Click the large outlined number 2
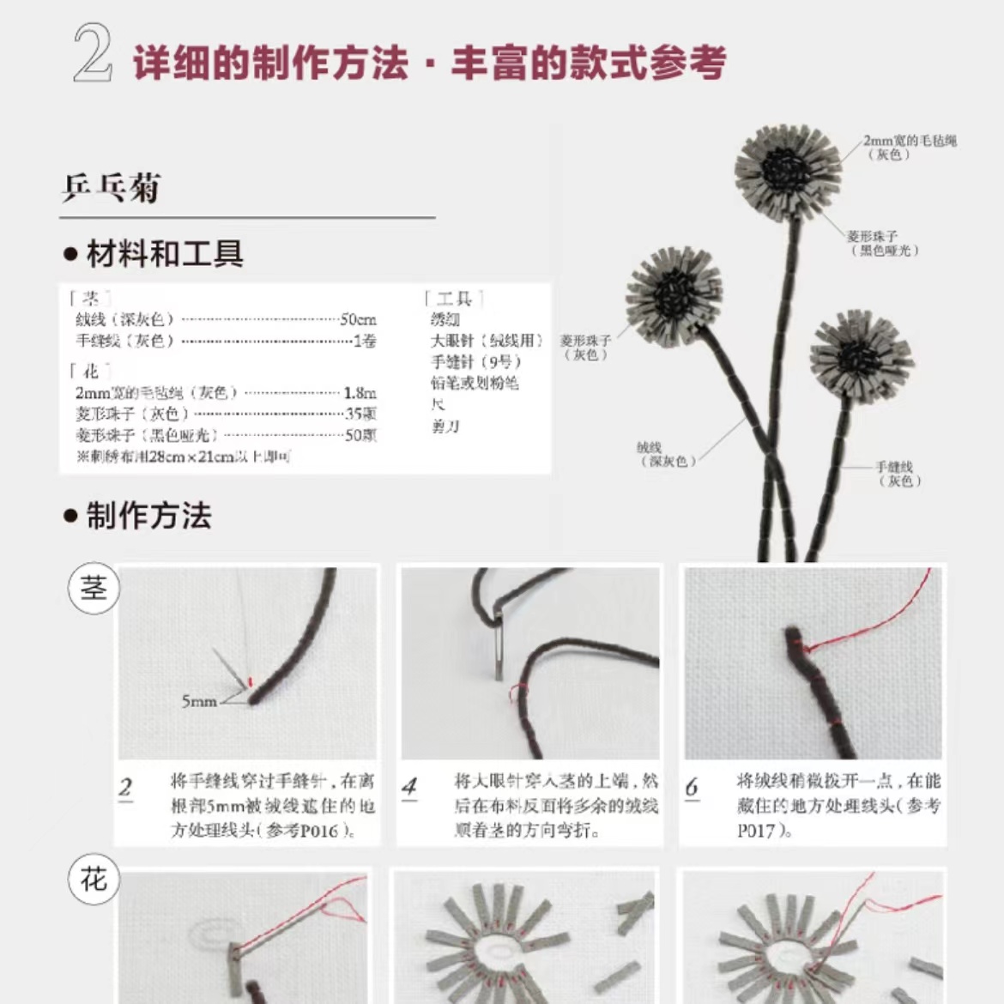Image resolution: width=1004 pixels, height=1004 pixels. click(x=93, y=53)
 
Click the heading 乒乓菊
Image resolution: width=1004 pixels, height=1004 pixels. click(x=111, y=188)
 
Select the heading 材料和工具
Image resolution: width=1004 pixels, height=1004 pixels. click(x=164, y=254)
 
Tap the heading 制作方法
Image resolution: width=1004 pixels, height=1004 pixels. click(x=148, y=516)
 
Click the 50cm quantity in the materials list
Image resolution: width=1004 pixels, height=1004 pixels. click(x=358, y=319)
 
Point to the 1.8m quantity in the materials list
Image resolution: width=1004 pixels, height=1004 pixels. click(x=360, y=393)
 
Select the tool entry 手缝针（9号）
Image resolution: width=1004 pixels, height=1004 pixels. click(x=476, y=361)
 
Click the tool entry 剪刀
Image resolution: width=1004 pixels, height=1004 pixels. click(x=445, y=426)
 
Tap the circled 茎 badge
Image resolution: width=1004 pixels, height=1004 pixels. click(x=94, y=589)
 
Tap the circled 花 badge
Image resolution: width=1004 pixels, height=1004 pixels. click(x=94, y=879)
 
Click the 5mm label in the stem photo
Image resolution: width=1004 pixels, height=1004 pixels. click(x=199, y=702)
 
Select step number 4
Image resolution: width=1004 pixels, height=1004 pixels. click(x=409, y=786)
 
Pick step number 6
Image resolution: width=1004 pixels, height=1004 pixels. click(x=692, y=786)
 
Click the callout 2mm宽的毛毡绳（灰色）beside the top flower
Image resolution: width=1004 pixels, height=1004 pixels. click(x=909, y=147)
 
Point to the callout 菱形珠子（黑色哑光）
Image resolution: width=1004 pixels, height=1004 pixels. click(x=884, y=243)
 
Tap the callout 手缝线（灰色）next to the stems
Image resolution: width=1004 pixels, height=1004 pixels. click(x=897, y=474)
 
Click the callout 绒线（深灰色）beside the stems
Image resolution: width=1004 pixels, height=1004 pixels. click(x=665, y=454)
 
